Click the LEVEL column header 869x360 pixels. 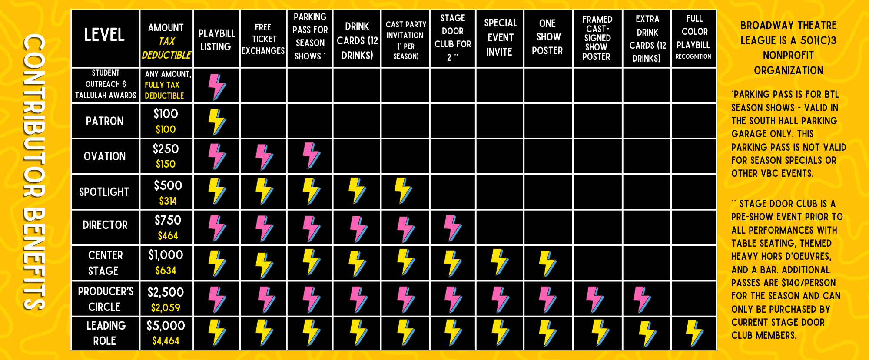[x=104, y=35]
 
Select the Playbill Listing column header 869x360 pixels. [x=216, y=40]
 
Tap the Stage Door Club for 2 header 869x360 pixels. [x=453, y=38]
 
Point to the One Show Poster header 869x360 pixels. [x=547, y=37]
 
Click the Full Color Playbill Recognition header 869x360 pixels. [x=693, y=37]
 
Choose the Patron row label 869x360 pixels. [x=105, y=121]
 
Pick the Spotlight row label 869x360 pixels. [x=104, y=192]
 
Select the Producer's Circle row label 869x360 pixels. [x=105, y=299]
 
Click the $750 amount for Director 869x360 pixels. [x=168, y=220]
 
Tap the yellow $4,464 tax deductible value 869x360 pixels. [x=166, y=341]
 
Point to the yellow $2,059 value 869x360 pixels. [x=166, y=308]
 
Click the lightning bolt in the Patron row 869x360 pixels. [x=216, y=122]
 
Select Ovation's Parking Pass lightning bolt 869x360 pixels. [x=311, y=155]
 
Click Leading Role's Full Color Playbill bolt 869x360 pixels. [x=694, y=334]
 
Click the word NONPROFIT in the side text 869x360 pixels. [x=788, y=56]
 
